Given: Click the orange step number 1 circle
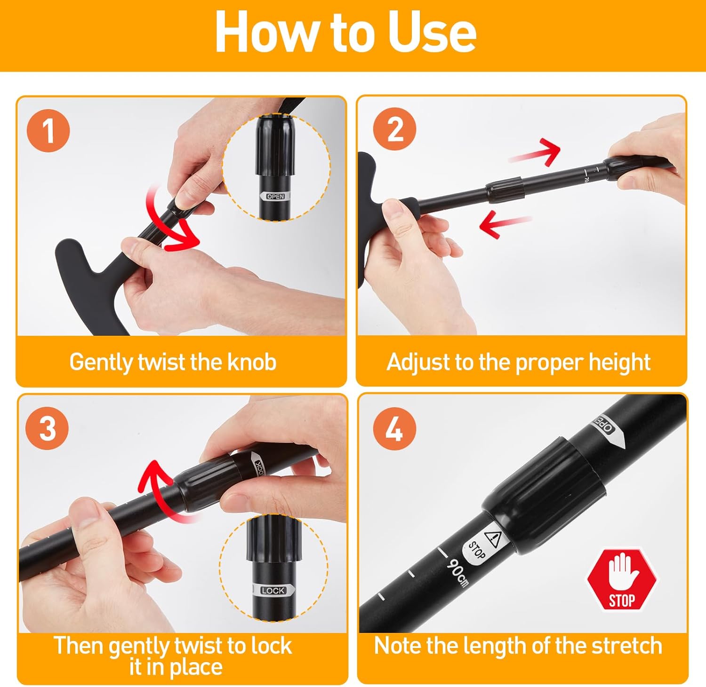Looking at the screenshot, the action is pos(49,131).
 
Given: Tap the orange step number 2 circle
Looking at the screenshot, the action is pos(394,129).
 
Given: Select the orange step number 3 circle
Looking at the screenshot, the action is pos(48,429).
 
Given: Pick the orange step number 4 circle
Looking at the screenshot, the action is pos(394,429).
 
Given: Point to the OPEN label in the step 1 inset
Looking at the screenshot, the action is pos(275,197).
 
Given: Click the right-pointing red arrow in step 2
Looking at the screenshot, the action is pos(535,151).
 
